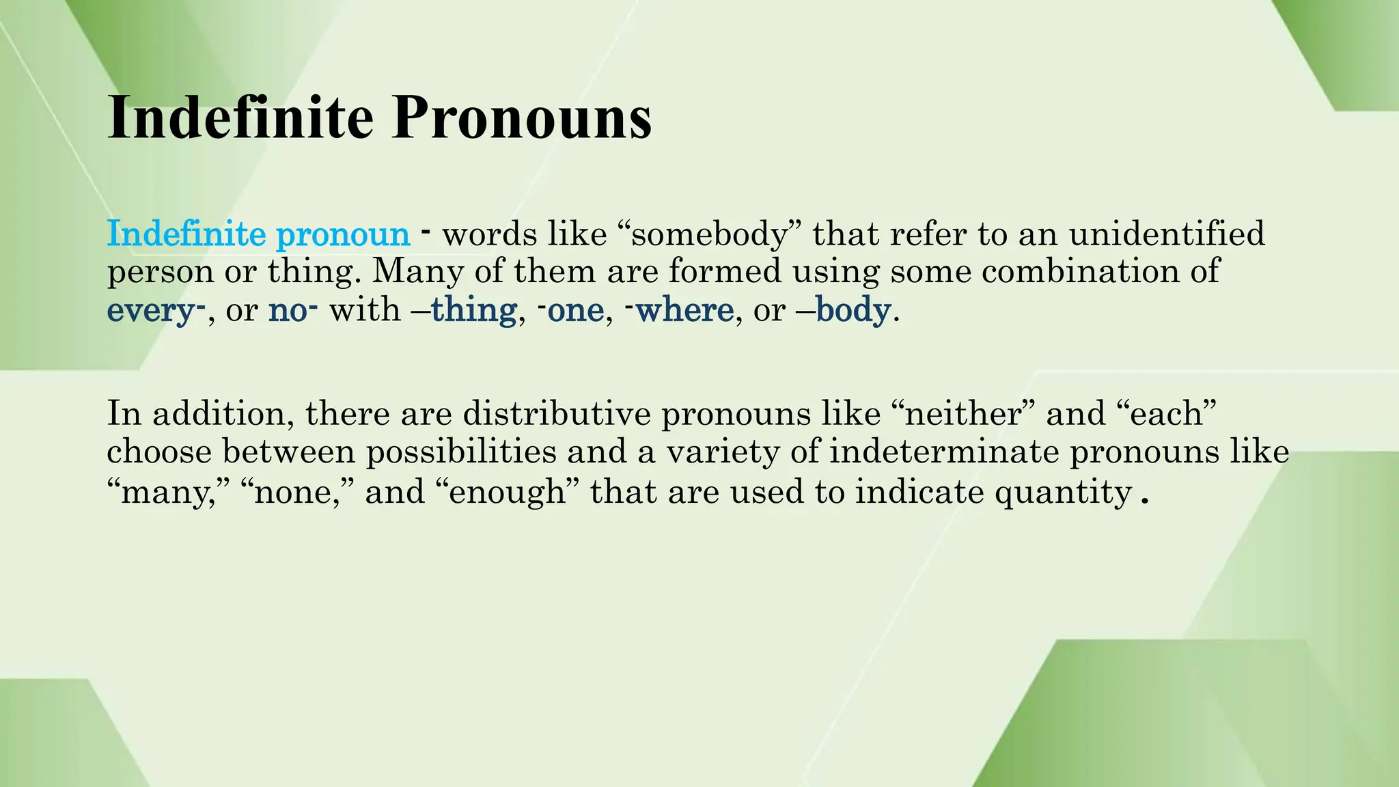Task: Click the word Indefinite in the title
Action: click(240, 118)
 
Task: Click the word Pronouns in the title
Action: click(521, 118)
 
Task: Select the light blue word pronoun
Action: click(343, 234)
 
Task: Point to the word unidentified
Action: click(1167, 234)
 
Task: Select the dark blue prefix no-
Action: click(292, 309)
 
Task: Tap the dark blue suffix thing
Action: click(473, 309)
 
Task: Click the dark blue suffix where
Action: click(684, 309)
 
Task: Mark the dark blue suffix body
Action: click(853, 311)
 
